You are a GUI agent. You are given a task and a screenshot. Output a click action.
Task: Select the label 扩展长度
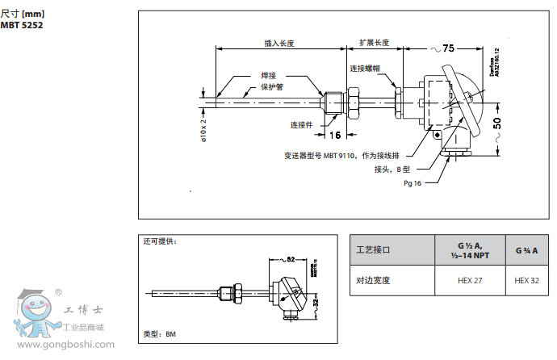point(373,43)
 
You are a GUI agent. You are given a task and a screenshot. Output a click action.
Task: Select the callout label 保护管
point(271,86)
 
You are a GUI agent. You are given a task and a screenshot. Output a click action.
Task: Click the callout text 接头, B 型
point(392,170)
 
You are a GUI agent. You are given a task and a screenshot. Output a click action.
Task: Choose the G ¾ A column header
point(526,250)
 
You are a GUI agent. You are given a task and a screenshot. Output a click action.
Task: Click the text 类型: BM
point(158,333)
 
